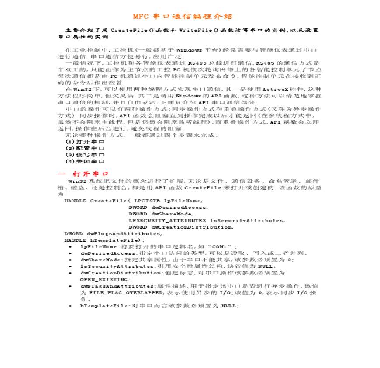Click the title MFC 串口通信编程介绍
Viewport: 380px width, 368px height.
(x=183, y=17)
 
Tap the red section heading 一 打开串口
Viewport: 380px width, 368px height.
(x=83, y=174)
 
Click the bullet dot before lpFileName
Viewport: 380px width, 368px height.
(x=71, y=247)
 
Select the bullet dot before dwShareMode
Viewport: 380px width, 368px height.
(x=71, y=260)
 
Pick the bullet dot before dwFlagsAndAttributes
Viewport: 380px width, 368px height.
(x=71, y=286)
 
